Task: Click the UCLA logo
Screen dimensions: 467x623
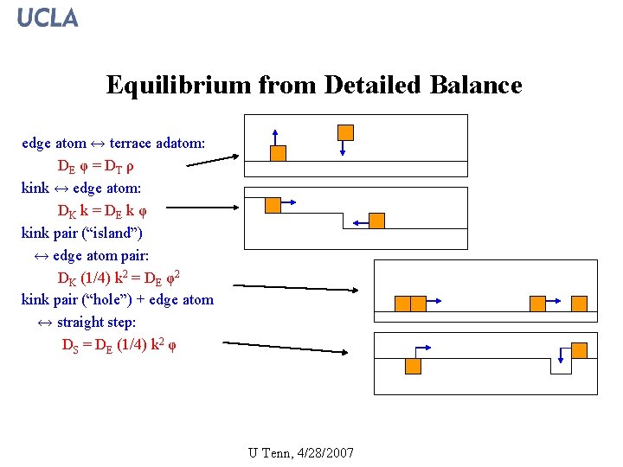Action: pos(48,17)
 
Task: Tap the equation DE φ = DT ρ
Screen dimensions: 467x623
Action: pos(94,165)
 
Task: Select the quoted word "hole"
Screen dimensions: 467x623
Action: pos(110,300)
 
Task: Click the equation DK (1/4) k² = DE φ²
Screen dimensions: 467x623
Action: pos(119,278)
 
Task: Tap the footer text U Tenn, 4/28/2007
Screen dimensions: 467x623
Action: pos(300,452)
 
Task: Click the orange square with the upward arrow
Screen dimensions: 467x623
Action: pos(278,153)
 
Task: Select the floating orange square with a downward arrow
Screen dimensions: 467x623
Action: pos(345,132)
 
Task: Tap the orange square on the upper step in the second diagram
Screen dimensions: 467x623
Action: pos(273,205)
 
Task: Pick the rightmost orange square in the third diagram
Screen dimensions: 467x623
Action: pos(579,304)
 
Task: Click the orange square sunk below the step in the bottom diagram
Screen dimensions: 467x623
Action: pos(413,366)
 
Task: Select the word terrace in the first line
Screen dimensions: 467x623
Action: pos(134,143)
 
